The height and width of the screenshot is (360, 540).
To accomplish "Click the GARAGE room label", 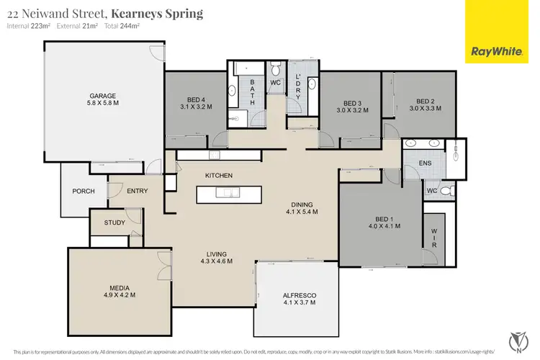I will [103, 96].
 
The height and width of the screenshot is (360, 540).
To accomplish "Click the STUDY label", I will [114, 222].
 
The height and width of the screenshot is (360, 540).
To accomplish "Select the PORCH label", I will [84, 192].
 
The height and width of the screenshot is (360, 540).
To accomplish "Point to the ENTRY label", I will [138, 192].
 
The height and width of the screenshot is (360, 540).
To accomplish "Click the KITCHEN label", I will [219, 176].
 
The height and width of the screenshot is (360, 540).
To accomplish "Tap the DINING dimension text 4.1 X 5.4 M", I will [302, 212].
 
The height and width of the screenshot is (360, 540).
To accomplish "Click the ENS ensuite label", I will [425, 163].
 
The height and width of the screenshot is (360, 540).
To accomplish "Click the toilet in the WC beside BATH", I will [276, 70].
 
